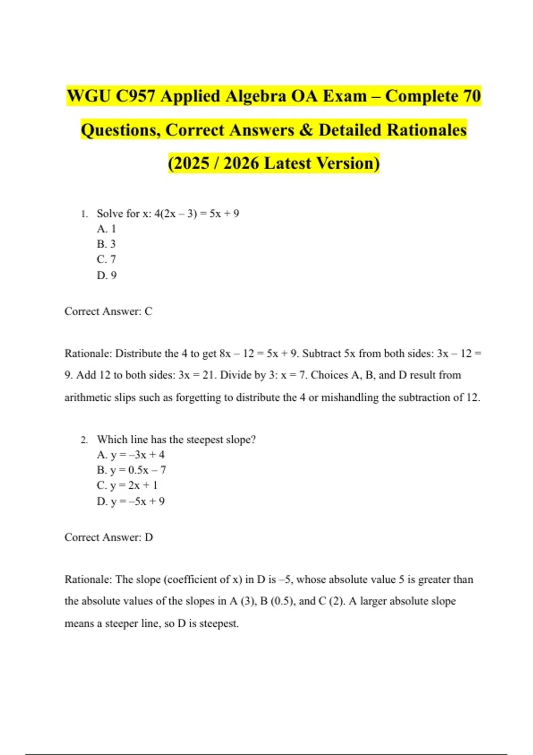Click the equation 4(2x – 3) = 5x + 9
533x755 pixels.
[x=196, y=214]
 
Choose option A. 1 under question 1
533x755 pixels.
[x=107, y=229]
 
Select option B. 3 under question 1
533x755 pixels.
[x=107, y=244]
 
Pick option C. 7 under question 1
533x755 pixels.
[x=107, y=259]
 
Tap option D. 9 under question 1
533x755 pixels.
[x=107, y=275]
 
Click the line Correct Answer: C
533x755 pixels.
[x=108, y=311]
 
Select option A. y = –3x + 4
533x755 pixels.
[x=131, y=455]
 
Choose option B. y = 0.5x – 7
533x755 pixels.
[x=131, y=470]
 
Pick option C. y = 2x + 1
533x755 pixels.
[x=127, y=485]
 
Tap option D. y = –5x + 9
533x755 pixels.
[x=131, y=501]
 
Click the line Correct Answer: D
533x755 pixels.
[x=109, y=537]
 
